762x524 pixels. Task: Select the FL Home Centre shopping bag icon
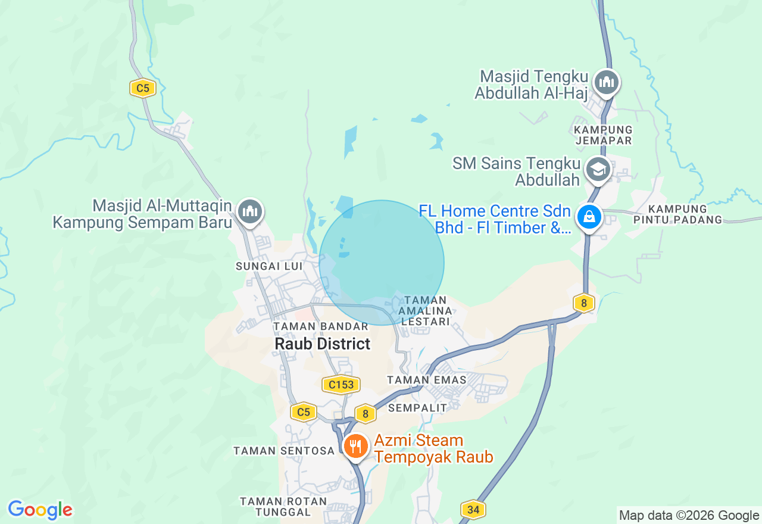point(589,217)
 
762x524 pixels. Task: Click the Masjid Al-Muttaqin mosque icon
point(250,211)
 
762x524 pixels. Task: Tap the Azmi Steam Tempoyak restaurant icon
point(355,446)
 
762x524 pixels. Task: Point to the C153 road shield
point(341,385)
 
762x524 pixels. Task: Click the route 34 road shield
point(473,509)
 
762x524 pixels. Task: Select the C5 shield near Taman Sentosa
point(304,411)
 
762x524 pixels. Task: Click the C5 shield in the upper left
point(143,89)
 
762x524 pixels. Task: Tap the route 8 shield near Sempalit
point(365,413)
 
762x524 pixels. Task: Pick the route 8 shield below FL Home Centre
point(584,303)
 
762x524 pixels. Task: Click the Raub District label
point(322,344)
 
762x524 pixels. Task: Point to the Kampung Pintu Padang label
point(685,214)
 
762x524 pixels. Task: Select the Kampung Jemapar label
point(604,135)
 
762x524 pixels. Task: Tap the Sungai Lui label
point(269,266)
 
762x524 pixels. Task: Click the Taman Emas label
point(416,379)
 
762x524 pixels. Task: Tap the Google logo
point(40,510)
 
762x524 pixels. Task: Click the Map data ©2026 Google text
point(689,516)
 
